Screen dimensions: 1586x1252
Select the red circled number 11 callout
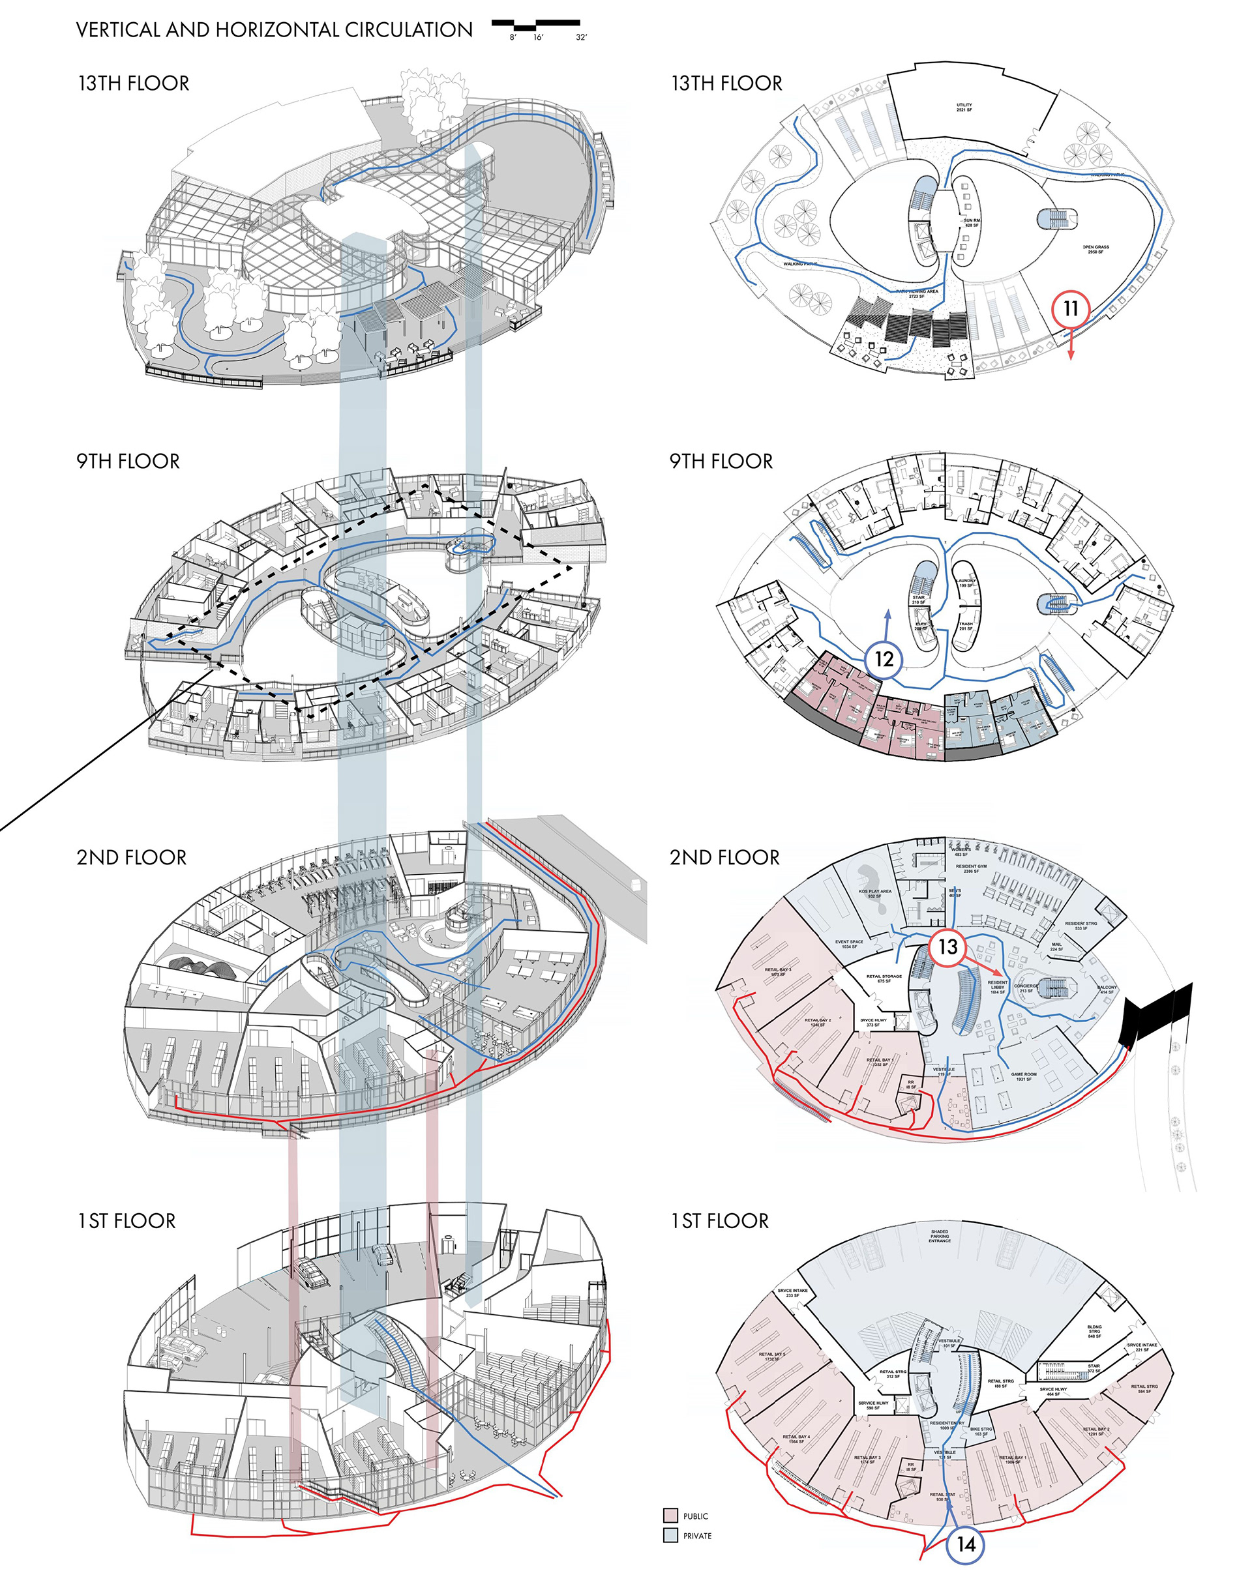[x=1070, y=308]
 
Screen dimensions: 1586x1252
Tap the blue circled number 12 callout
[x=885, y=659]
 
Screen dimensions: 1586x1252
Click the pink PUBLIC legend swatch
[x=670, y=1515]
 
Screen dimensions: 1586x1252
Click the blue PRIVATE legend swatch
[x=670, y=1535]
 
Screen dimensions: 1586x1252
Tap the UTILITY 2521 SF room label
[x=964, y=108]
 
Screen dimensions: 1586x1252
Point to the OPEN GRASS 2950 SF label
[x=1096, y=250]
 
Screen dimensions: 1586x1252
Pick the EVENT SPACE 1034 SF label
[x=850, y=944]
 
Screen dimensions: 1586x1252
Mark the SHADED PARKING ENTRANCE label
[x=940, y=1236]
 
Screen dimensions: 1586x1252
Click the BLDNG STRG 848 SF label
[x=1094, y=1331]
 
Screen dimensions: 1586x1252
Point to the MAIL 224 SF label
[x=1056, y=947]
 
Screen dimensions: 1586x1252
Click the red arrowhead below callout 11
[x=1070, y=355]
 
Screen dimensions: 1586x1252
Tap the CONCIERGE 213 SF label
[x=1026, y=989]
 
